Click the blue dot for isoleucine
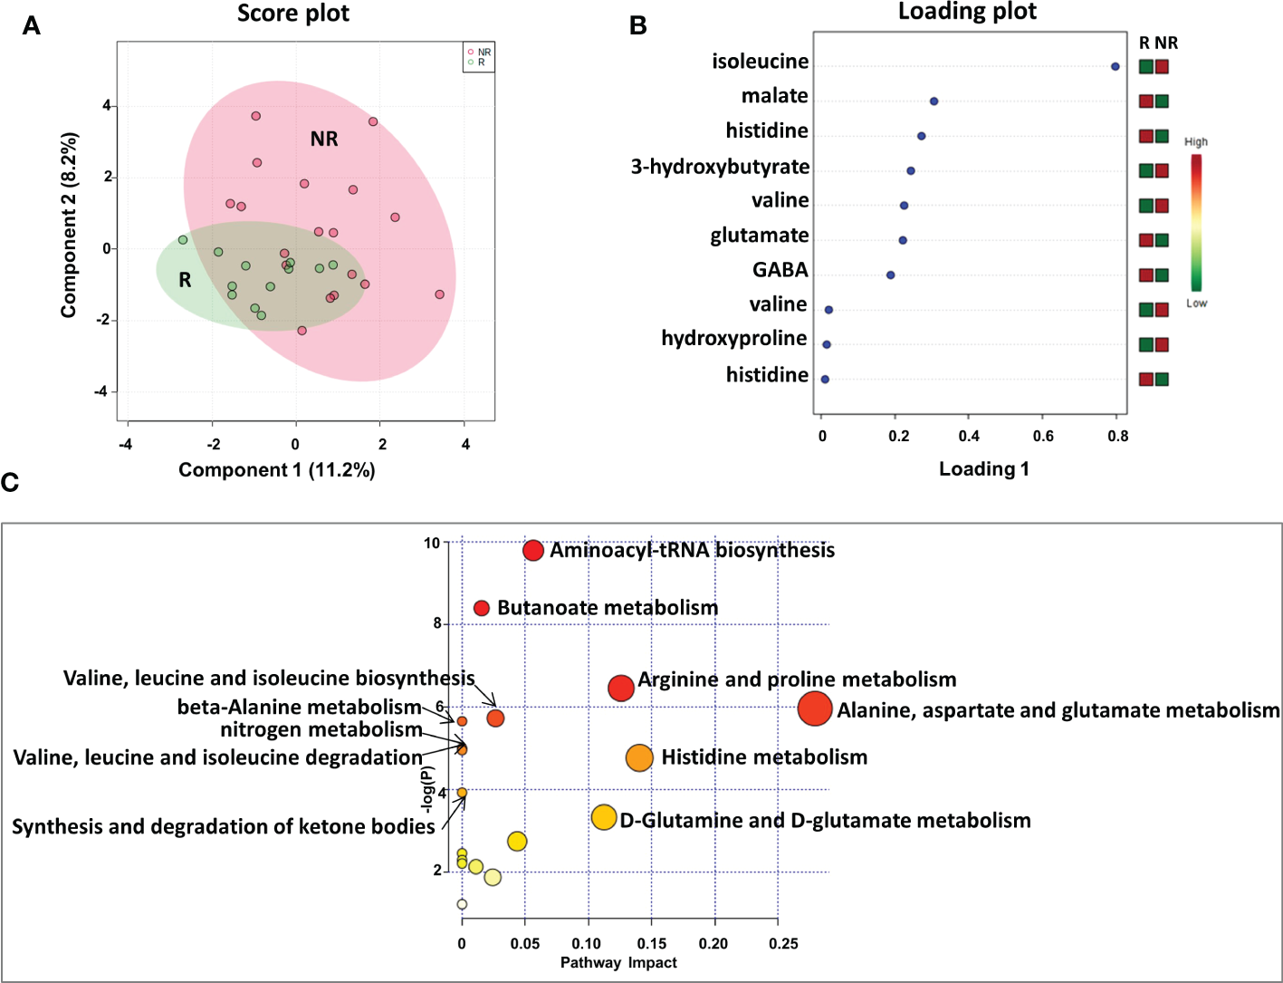tap(1115, 67)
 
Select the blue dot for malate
tap(934, 101)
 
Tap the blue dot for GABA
tap(890, 275)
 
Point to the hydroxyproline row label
tap(733, 339)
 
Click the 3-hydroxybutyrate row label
tap(720, 167)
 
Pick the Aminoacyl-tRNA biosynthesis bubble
tap(533, 550)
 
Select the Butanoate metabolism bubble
tap(482, 608)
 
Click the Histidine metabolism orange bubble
tap(639, 757)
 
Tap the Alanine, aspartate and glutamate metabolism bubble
tap(815, 708)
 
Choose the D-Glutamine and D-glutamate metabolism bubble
tap(604, 817)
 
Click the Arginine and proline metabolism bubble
tap(621, 688)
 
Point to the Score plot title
tap(292, 14)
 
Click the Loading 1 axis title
tap(983, 468)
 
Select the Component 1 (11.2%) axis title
tap(276, 469)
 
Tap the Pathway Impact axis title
tap(618, 962)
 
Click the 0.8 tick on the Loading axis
tap(1117, 436)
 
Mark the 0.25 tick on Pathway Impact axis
tap(783, 943)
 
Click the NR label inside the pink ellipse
tap(323, 139)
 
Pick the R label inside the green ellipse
tap(185, 280)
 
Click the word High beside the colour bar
tap(1195, 142)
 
